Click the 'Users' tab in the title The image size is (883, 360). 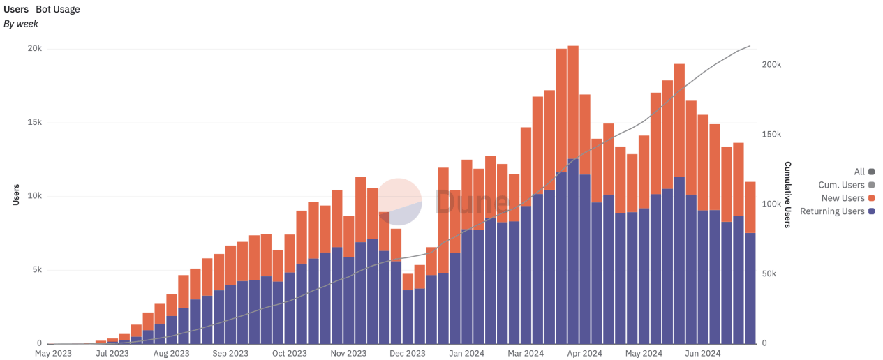[16, 9]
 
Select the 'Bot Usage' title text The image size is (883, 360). [58, 9]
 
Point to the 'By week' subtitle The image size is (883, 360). [21, 24]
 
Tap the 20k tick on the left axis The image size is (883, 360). [34, 49]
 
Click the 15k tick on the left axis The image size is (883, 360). [34, 123]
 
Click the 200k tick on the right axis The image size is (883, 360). [771, 64]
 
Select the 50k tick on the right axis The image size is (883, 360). [769, 273]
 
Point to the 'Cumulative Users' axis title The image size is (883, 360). [787, 195]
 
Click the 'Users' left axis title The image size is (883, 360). [16, 195]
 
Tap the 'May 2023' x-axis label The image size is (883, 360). [53, 354]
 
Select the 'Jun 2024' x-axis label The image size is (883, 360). [702, 354]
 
